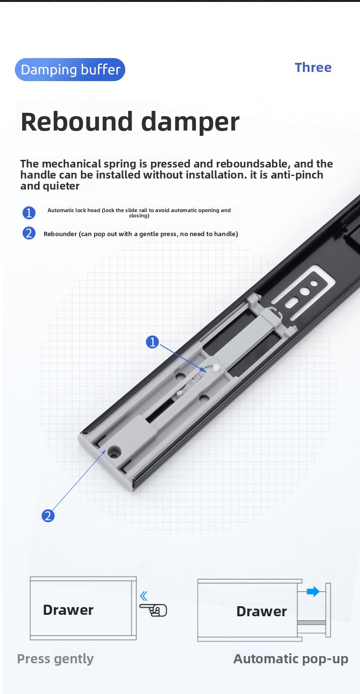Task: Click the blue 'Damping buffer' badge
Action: tap(70, 70)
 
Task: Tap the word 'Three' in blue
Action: tap(313, 67)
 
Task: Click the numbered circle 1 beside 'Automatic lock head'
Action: tap(29, 213)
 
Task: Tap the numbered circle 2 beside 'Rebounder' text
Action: tap(29, 234)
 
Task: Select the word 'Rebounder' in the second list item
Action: tap(60, 234)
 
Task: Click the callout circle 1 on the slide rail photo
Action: tap(153, 342)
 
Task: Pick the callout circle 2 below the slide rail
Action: tap(48, 516)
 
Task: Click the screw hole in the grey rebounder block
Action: tap(115, 451)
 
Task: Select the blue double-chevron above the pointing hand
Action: tap(144, 597)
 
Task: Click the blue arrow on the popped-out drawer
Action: tap(313, 592)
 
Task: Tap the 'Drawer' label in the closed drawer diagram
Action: tap(68, 610)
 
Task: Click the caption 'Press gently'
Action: tap(55, 659)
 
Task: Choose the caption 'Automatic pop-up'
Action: tap(290, 659)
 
